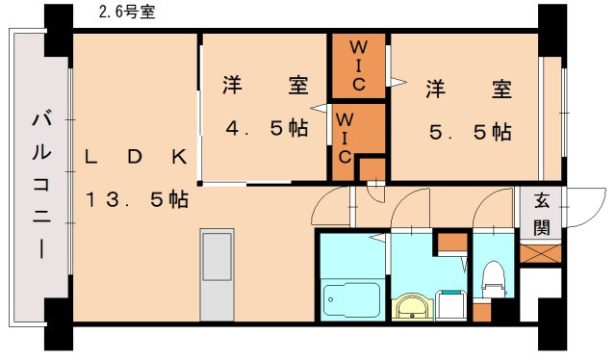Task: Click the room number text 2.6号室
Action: (127, 13)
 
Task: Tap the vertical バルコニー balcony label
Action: (41, 183)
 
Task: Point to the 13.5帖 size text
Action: (136, 200)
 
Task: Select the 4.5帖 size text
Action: (266, 127)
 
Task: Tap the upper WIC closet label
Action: (358, 65)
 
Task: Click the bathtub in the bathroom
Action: (350, 301)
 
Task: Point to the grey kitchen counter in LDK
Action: (217, 274)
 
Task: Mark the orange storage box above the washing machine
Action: (448, 244)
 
